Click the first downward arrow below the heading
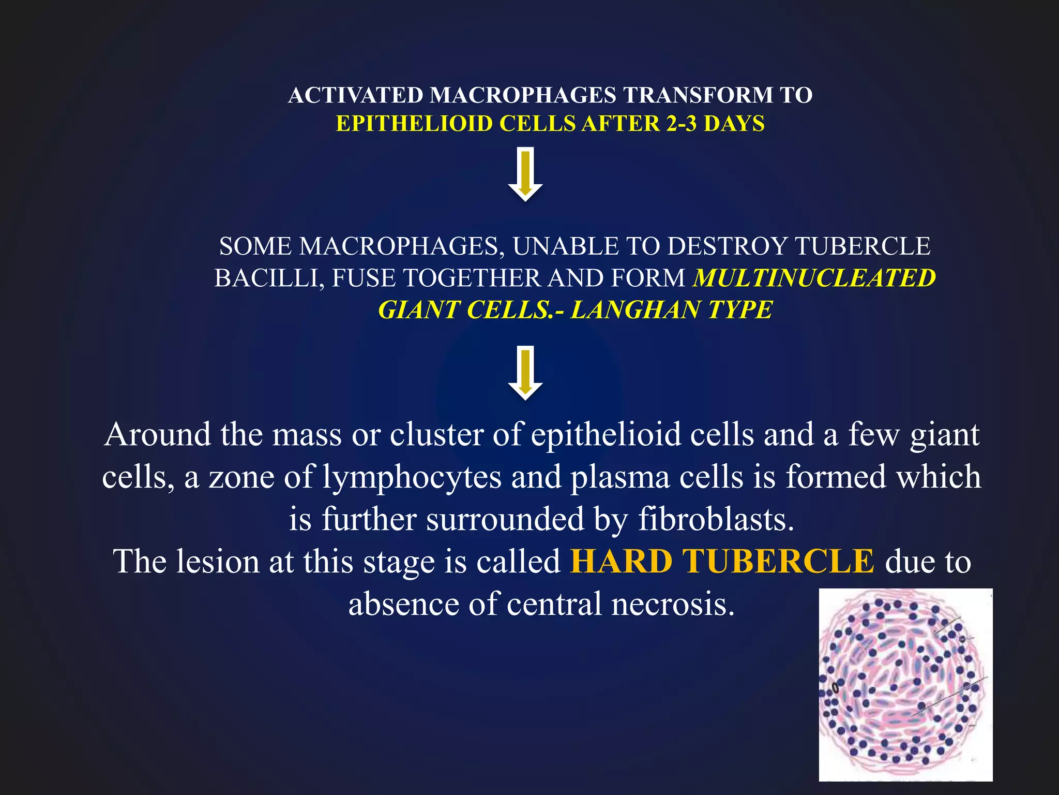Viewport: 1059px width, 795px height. [x=525, y=175]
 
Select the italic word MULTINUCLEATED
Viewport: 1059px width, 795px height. [x=814, y=278]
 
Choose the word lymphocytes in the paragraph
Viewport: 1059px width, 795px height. [x=412, y=477]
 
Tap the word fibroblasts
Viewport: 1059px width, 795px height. [x=716, y=519]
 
